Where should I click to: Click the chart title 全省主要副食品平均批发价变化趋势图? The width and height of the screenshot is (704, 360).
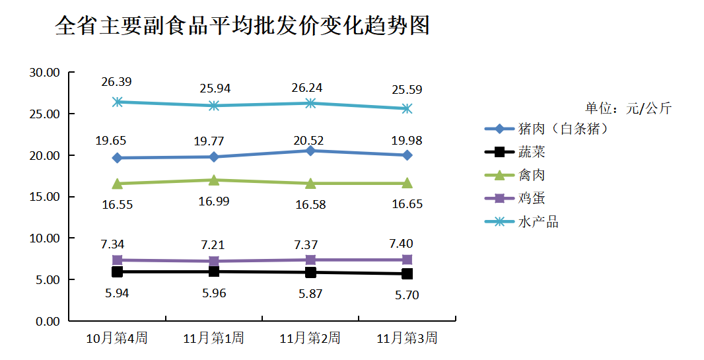click(x=242, y=26)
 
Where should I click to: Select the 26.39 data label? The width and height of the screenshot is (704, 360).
click(x=116, y=82)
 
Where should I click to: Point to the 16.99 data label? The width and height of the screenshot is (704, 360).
click(x=214, y=201)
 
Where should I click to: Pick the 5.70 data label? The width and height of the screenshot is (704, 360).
click(x=407, y=295)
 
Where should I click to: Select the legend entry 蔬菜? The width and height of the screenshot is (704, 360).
click(x=532, y=153)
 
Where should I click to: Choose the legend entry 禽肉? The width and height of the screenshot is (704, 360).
click(x=532, y=175)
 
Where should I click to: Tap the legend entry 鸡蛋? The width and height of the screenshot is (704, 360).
click(x=532, y=198)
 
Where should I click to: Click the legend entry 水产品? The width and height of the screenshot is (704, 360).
click(x=538, y=222)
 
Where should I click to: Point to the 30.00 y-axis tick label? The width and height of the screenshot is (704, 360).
click(x=44, y=73)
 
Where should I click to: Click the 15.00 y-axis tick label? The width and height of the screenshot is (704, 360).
click(x=44, y=197)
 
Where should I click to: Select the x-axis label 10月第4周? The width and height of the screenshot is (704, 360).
click(x=117, y=339)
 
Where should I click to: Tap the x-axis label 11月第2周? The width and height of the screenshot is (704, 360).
click(x=310, y=339)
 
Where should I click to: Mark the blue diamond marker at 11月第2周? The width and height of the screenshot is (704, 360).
click(x=310, y=151)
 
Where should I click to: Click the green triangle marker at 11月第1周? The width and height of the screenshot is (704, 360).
click(x=214, y=180)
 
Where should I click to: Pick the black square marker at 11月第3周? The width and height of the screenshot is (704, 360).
click(x=407, y=273)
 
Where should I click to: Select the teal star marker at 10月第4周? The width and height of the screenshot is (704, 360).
click(x=118, y=102)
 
